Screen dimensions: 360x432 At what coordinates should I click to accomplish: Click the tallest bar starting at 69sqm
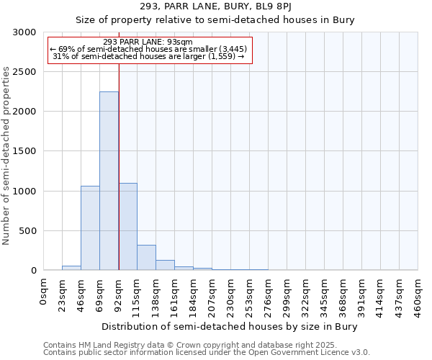click(x=109, y=181)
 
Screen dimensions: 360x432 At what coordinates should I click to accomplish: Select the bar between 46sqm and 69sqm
click(x=90, y=228)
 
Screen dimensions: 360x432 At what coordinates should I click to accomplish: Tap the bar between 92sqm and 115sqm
click(x=127, y=226)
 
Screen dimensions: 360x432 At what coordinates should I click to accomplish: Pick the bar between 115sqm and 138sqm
click(x=146, y=257)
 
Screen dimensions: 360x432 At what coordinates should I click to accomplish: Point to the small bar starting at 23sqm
click(x=71, y=268)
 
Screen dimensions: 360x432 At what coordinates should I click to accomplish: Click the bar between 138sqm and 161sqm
click(x=165, y=265)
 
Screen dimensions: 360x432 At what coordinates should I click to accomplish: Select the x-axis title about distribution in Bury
click(x=230, y=326)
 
